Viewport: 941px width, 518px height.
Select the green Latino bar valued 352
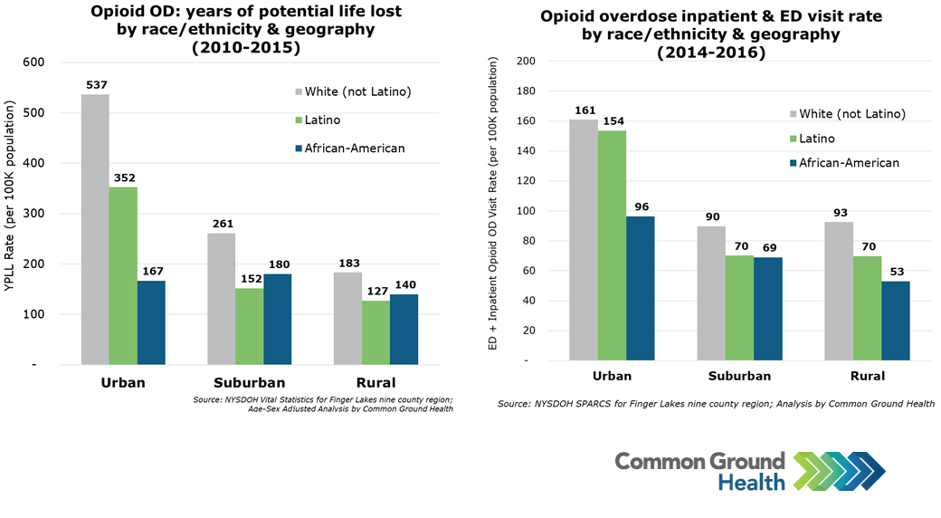123,275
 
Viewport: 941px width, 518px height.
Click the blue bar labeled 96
640,288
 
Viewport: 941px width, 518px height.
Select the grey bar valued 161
584,240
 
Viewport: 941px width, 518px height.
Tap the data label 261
222,225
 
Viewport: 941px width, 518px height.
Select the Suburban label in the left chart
249,382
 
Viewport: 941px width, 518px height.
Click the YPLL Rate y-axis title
12,214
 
